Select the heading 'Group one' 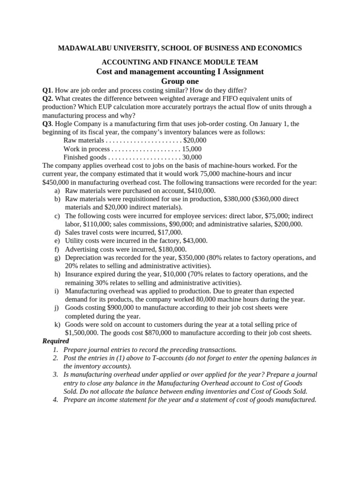pos(180,81)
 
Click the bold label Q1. pos(47,90)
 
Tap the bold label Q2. pos(47,98)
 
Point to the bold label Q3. pos(47,124)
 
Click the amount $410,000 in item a pos(201,191)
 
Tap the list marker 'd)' pos(57,232)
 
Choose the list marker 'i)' pos(57,291)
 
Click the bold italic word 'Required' pos(55,341)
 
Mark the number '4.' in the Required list pos(55,400)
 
